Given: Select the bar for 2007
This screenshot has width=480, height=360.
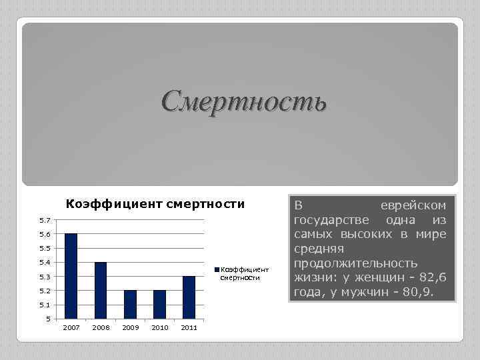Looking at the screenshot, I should (x=71, y=277).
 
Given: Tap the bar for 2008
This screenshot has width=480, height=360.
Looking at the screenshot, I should (x=101, y=291).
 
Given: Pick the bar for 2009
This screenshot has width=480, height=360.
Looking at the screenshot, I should (x=130, y=305).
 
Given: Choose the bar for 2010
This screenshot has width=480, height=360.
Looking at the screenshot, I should (x=160, y=305).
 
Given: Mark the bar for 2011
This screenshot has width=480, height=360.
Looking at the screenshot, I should (x=189, y=297).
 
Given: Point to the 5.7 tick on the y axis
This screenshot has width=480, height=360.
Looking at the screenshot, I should (x=43, y=220).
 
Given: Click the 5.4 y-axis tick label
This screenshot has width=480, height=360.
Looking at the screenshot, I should (x=43, y=263).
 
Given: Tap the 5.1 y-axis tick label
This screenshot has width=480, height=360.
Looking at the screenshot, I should (x=43, y=305).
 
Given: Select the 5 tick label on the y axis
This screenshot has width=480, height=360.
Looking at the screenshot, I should (x=47, y=319).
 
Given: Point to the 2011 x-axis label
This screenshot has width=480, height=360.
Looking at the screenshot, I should (x=189, y=328).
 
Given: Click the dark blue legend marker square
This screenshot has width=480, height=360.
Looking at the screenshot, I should (x=217, y=269).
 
